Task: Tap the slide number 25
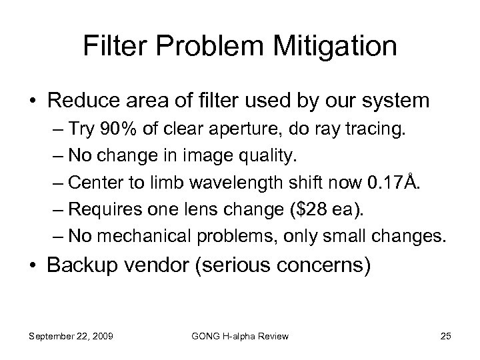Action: coord(446,336)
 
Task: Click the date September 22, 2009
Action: coord(71,336)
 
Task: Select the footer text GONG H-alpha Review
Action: coord(239,336)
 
